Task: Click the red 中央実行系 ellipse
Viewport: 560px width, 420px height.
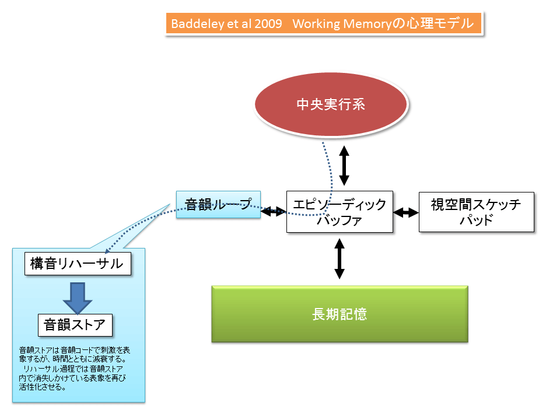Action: (331, 105)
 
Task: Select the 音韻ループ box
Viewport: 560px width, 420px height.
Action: (218, 205)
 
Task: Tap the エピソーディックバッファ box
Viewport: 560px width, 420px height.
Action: (339, 212)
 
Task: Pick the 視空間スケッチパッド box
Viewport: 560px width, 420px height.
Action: (476, 212)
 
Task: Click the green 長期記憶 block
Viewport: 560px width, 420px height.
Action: (339, 314)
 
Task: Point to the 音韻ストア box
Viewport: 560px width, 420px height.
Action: (75, 324)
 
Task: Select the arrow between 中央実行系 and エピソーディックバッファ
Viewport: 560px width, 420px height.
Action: (344, 166)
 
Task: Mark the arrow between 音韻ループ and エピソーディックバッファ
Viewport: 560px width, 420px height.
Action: (273, 212)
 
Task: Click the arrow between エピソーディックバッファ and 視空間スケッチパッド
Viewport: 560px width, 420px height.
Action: (406, 212)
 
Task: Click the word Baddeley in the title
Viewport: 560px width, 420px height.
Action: (191, 24)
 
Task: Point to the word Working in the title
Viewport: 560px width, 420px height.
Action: (316, 24)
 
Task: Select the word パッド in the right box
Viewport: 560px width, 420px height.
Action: (476, 220)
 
